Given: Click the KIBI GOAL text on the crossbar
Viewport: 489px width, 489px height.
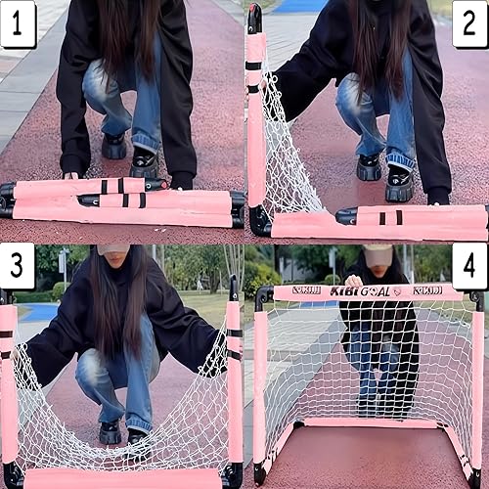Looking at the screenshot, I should [361, 291].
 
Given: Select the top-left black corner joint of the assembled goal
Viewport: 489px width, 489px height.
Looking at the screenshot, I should [261, 293].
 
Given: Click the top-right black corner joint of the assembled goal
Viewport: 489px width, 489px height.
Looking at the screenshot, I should [476, 296].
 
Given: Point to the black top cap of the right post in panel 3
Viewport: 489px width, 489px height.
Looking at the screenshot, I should [233, 289].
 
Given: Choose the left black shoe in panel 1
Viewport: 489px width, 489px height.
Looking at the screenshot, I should [113, 147].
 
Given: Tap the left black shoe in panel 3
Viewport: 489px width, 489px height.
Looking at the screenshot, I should [111, 431].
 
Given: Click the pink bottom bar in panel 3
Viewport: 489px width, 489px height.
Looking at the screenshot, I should [122, 478].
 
